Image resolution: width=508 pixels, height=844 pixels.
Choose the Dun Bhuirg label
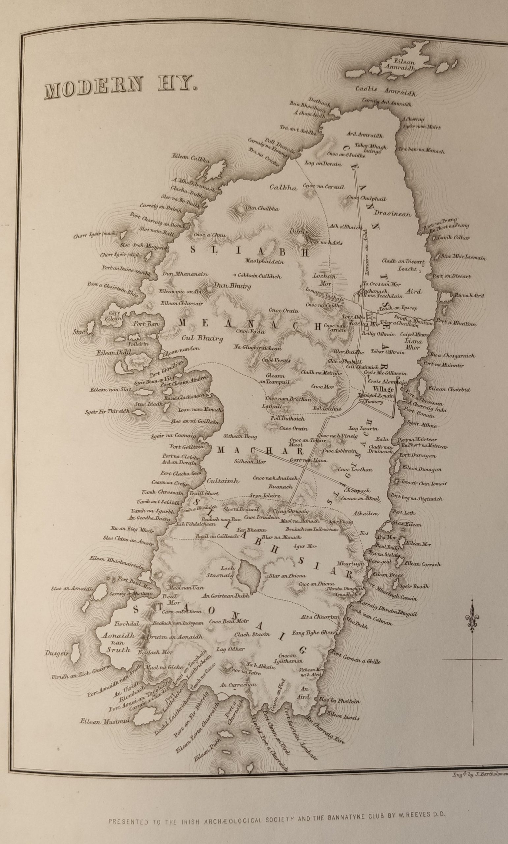click(232, 286)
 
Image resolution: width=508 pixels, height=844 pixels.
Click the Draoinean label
click(392, 214)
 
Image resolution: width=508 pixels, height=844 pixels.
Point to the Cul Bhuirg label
click(202, 339)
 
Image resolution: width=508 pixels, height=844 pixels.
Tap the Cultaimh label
click(223, 481)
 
